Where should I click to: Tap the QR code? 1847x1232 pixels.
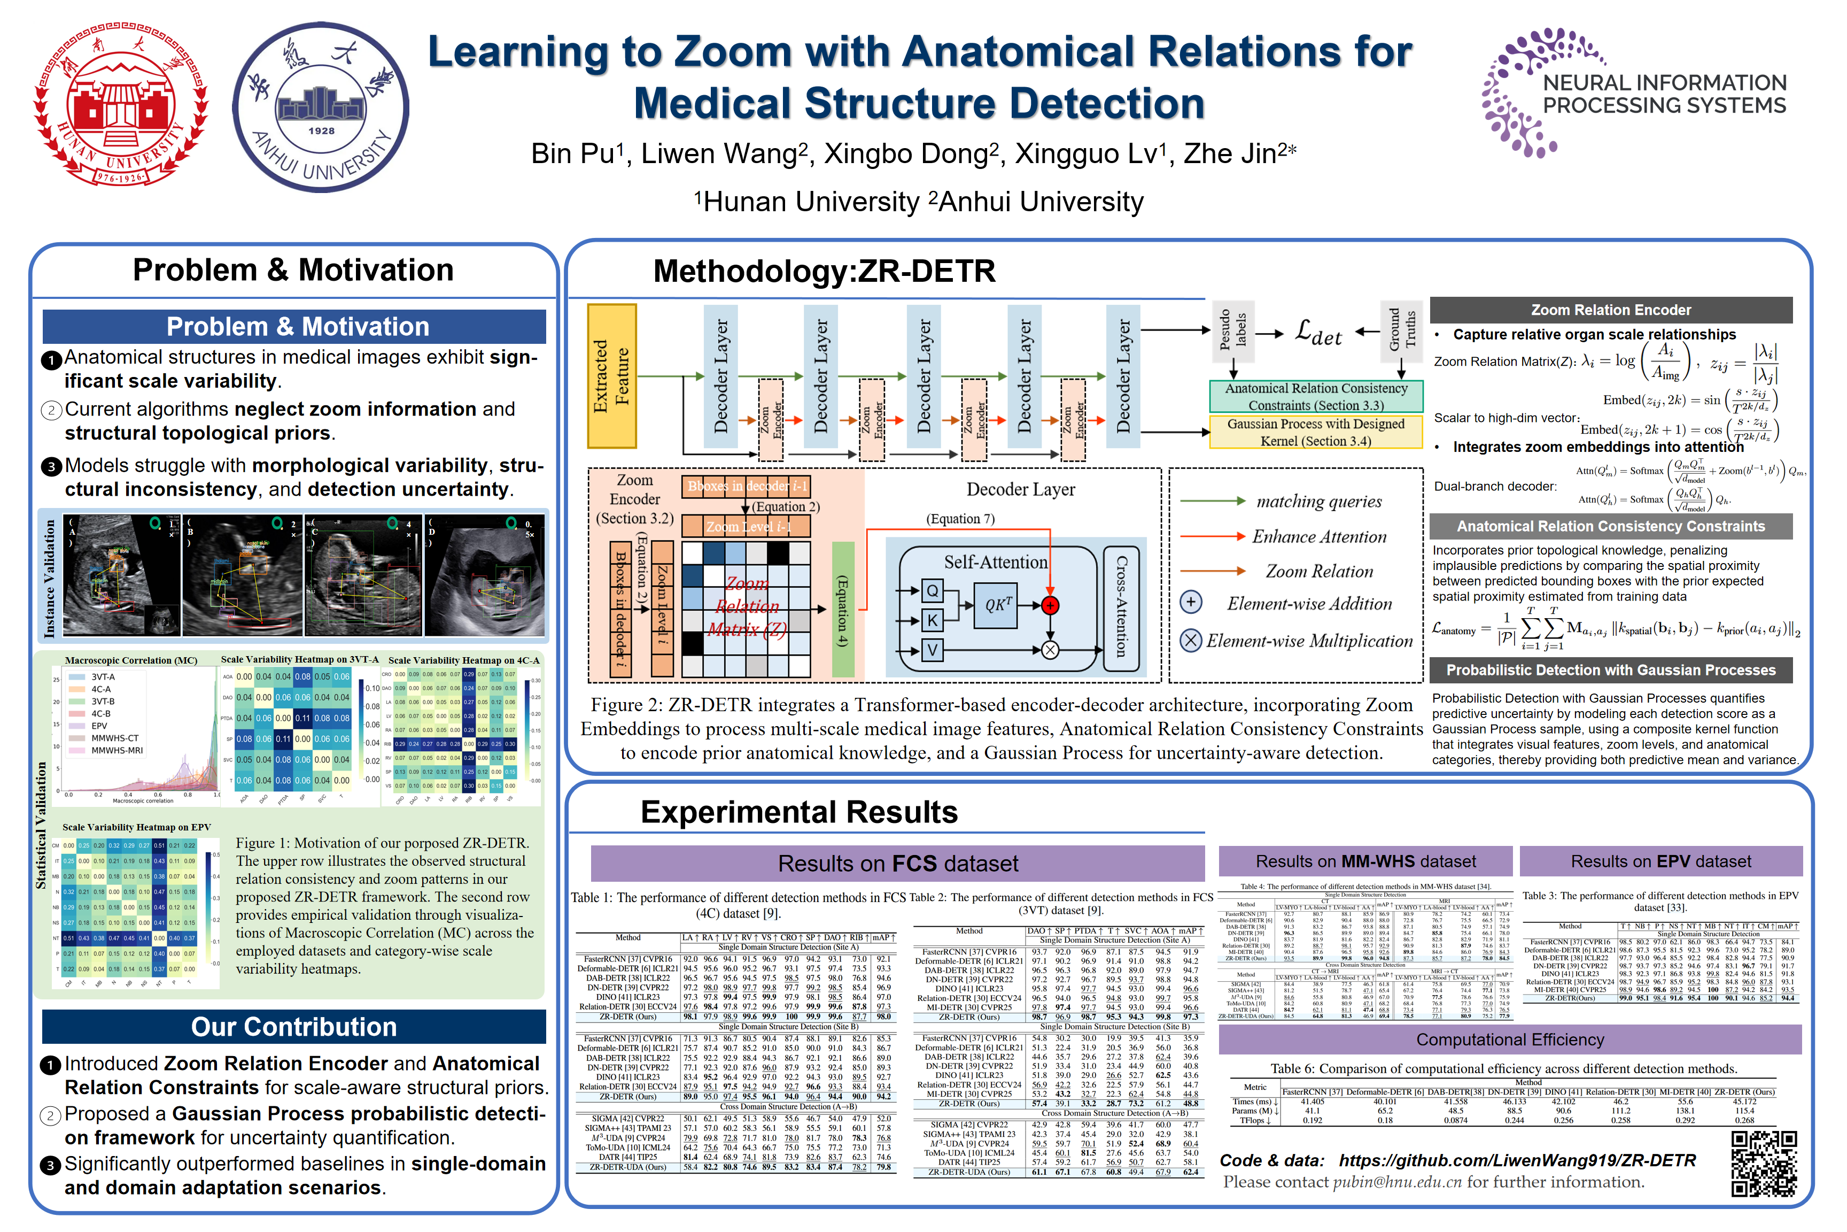click(x=1764, y=1164)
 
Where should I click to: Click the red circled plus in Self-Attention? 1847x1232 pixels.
click(x=1050, y=605)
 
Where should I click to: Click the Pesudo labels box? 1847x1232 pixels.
click(x=1232, y=328)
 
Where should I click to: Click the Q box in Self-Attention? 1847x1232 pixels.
click(x=932, y=591)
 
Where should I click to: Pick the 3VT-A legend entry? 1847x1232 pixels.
click(x=102, y=676)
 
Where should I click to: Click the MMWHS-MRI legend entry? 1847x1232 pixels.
click(x=116, y=750)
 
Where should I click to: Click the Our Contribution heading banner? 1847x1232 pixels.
click(x=294, y=1027)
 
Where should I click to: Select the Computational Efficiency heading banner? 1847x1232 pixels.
click(x=1509, y=1039)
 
